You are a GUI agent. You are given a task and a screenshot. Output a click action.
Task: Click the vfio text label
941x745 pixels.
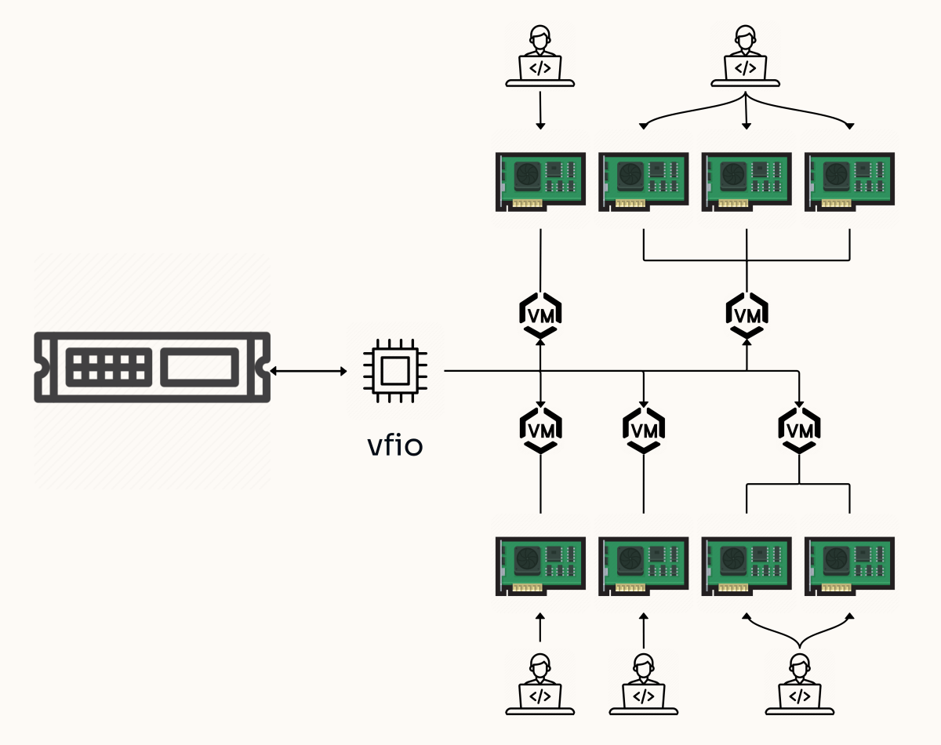[x=395, y=445]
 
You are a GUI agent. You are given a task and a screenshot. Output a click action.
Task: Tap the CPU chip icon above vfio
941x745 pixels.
[x=395, y=370]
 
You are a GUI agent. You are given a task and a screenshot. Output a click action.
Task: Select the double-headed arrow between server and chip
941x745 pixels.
[x=309, y=370]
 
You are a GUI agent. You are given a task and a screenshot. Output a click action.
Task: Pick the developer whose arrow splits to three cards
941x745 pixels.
[x=745, y=55]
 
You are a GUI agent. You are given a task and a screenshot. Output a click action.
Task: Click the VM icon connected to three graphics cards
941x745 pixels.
[x=746, y=314]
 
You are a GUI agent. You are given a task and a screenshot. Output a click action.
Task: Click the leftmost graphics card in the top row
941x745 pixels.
[x=541, y=181]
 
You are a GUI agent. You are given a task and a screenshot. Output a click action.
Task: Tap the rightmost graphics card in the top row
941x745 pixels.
[x=850, y=181]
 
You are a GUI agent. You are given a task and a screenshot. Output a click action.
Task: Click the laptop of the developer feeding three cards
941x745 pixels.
[x=745, y=68]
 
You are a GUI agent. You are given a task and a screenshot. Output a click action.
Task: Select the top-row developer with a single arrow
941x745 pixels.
[x=540, y=55]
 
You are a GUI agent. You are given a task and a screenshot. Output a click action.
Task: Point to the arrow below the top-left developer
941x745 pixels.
[x=540, y=109]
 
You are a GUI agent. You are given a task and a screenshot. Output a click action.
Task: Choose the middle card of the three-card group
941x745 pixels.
[x=746, y=181]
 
